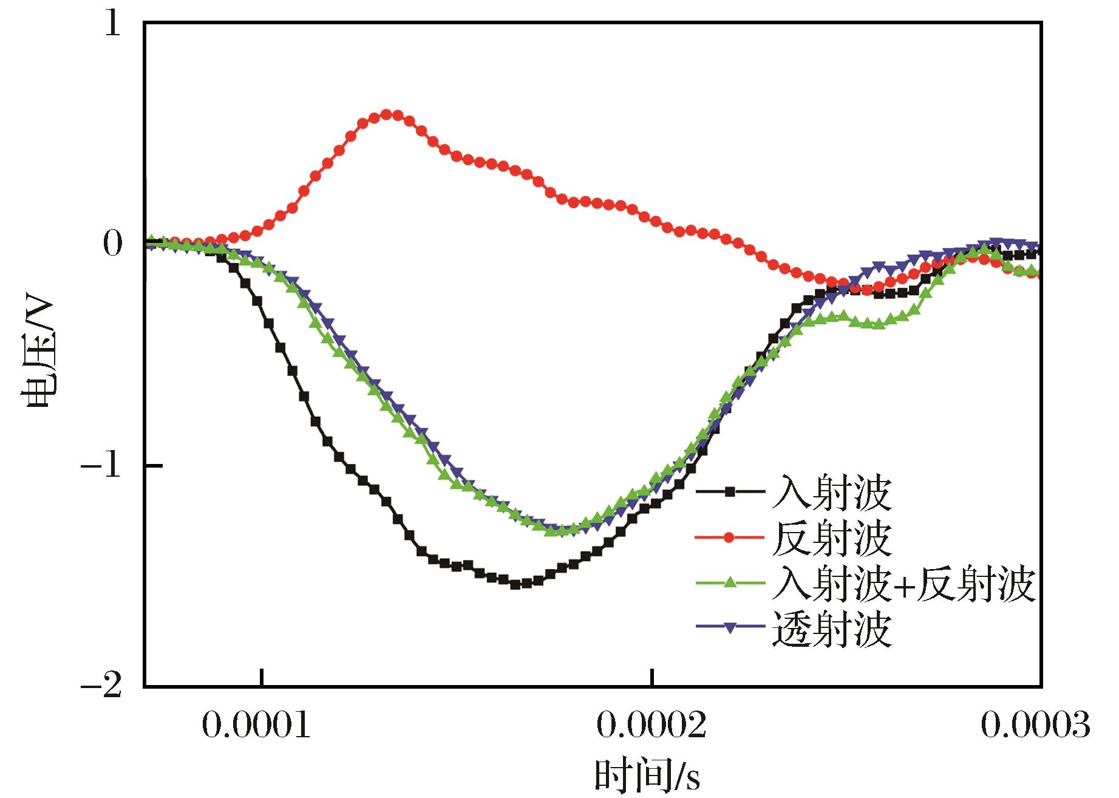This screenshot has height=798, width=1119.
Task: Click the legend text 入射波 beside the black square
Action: (832, 493)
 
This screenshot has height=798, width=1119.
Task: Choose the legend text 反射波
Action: (832, 538)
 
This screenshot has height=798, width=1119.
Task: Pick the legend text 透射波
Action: (832, 629)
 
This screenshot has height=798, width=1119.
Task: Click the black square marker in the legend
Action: (730, 492)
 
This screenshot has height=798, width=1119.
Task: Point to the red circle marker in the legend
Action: (730, 537)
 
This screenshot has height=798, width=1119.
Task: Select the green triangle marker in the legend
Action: (730, 583)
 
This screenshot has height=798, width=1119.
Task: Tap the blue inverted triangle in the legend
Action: (730, 628)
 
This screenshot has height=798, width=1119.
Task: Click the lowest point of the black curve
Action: (515, 584)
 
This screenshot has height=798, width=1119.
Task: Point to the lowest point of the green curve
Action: (551, 531)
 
